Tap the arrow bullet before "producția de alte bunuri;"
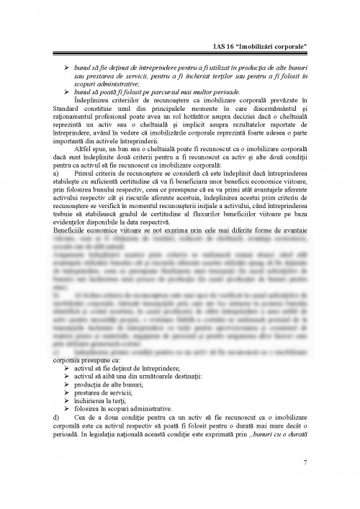[x=67, y=382]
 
